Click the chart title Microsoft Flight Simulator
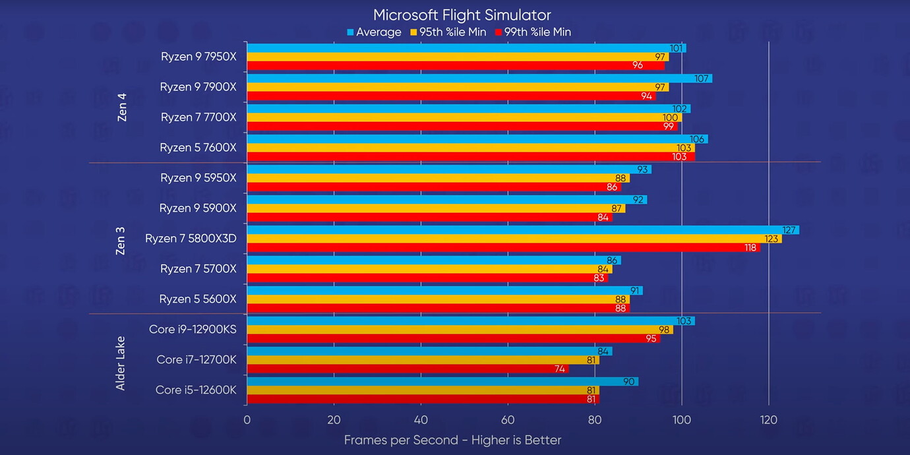coord(462,15)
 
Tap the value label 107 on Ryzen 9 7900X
coord(702,78)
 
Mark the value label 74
coord(560,369)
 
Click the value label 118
coord(750,247)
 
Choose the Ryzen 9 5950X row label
coord(198,177)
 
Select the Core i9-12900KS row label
coord(193,329)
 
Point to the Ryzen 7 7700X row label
coord(198,117)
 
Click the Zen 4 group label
coord(121,107)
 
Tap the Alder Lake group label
coord(121,363)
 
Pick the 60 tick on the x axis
coord(508,420)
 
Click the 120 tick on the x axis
coord(768,420)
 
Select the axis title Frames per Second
coord(452,440)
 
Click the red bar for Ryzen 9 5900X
coord(429,217)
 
